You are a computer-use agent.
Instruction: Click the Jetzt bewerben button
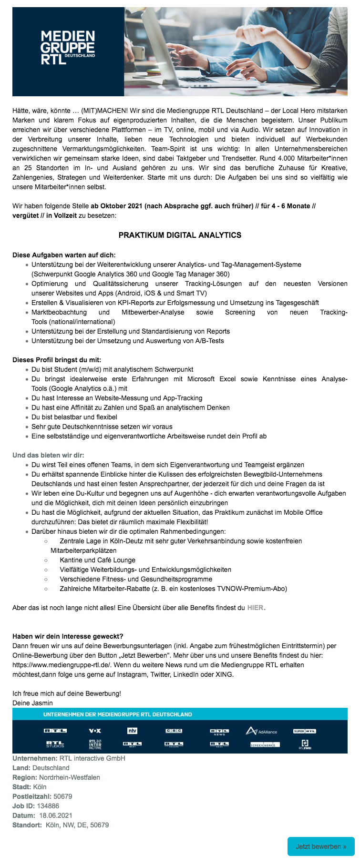[321, 846]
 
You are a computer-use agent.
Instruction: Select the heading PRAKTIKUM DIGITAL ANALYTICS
[180, 235]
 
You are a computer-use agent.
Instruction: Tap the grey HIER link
[255, 608]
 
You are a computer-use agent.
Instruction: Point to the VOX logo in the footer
[95, 731]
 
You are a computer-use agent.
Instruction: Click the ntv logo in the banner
[132, 731]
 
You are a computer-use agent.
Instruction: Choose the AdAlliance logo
[261, 731]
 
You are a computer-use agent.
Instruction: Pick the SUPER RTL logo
[305, 731]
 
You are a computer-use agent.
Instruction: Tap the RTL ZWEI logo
[305, 744]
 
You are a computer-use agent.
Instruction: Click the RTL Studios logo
[55, 744]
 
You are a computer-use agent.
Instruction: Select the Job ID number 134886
[48, 806]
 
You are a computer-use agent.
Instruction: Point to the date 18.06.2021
[56, 815]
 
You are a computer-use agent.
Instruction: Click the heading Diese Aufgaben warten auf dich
[64, 255]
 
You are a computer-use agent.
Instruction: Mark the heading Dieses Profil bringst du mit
[57, 360]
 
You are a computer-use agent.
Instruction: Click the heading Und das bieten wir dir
[48, 455]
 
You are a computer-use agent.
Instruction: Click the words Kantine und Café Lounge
[97, 560]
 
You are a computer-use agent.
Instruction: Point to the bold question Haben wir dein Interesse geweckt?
[68, 636]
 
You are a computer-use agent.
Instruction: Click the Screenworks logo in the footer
[265, 744]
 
